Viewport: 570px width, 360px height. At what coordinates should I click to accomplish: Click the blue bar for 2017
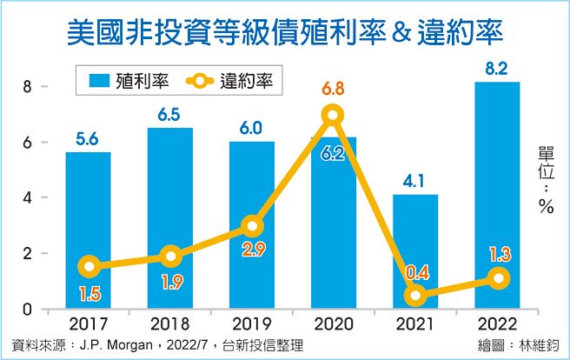point(88,230)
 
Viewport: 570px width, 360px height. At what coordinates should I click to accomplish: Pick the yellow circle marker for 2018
point(169,256)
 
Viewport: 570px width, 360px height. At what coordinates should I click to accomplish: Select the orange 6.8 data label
point(333,87)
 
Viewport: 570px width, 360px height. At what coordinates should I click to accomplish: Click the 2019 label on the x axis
point(251,325)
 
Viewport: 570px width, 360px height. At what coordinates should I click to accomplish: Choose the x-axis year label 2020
point(333,325)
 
